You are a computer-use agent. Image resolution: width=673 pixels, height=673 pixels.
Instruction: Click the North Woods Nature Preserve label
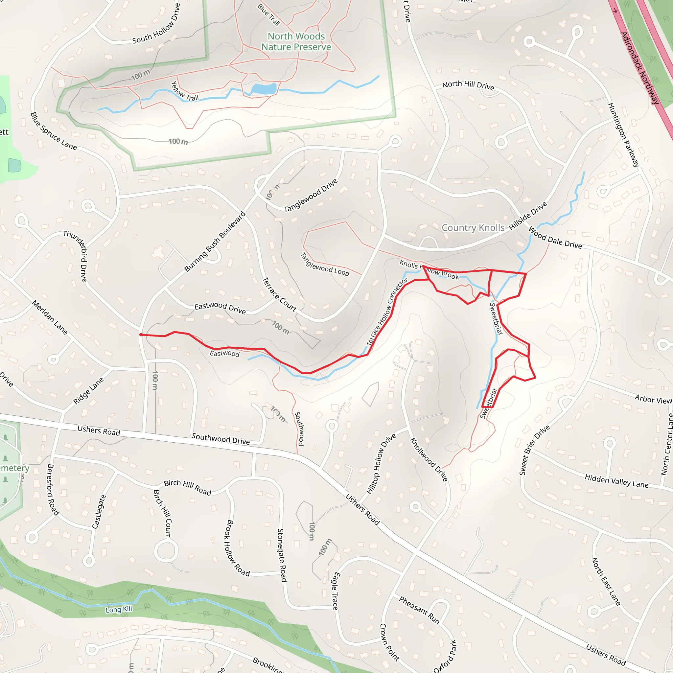point(296,41)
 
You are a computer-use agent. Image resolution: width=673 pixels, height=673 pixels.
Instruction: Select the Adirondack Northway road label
point(640,68)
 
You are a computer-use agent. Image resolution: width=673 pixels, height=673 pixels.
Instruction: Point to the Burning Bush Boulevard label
point(215,242)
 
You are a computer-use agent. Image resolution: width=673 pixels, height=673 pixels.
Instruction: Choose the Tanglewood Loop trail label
point(324,265)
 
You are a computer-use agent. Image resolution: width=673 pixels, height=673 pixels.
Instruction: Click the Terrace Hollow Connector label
point(387,312)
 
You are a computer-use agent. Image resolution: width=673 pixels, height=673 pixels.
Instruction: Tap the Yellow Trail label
point(185,91)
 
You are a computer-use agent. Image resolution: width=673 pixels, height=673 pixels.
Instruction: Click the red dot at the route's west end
point(141,335)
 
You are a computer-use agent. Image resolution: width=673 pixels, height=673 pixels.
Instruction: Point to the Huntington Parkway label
point(624,134)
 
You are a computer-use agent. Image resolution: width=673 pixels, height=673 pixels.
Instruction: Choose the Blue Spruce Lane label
point(53,131)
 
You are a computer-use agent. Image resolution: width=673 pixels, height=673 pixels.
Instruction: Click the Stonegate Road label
point(282,555)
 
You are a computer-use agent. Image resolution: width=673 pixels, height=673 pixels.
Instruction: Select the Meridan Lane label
point(50,318)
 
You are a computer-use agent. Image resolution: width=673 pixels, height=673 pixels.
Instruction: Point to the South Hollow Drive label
point(156,24)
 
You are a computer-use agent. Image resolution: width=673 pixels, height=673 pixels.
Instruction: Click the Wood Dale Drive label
point(555,238)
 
